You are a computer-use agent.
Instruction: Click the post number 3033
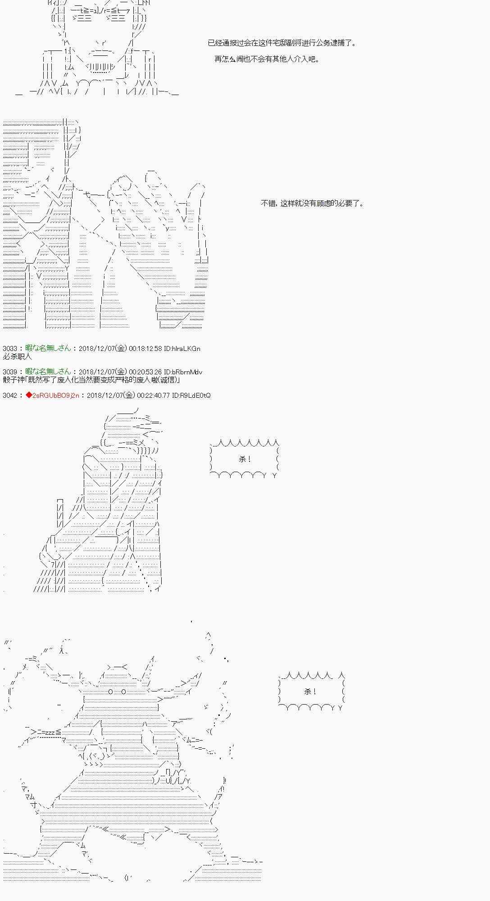[9, 349]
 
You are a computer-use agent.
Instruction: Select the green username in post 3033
[48, 348]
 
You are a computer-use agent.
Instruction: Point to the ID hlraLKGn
[182, 349]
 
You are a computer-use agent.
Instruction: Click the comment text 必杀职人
[17, 356]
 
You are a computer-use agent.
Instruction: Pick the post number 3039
[9, 372]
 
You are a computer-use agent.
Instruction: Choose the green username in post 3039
[48, 372]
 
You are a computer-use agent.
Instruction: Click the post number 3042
[9, 396]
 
